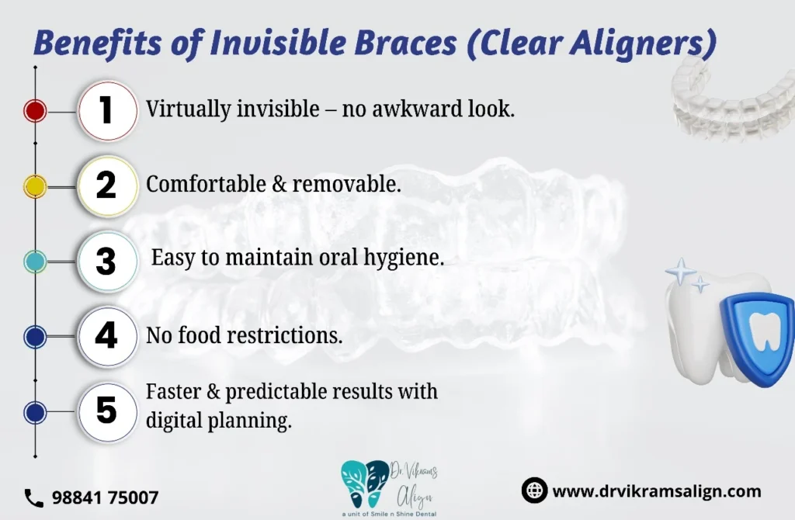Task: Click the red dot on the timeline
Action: pos(35,111)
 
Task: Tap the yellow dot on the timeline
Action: pos(35,186)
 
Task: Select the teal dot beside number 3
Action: pos(35,262)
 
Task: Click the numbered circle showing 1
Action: pos(107,110)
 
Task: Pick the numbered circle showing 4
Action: pos(107,337)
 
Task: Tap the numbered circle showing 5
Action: pos(107,411)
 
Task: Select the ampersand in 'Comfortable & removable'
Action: pos(279,185)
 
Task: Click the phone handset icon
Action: pos(34,498)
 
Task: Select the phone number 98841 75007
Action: pos(106,497)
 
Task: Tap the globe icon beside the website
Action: pos(534,490)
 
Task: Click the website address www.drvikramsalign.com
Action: pos(657,491)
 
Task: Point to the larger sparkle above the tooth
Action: pos(681,271)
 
